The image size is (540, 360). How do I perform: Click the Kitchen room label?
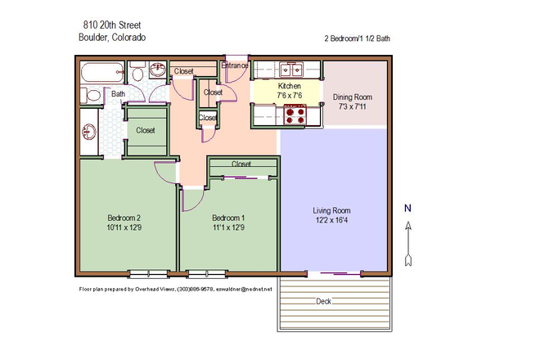(x=290, y=86)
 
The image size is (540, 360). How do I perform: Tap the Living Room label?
(x=331, y=210)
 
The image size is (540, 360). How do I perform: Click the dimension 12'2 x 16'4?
(x=331, y=221)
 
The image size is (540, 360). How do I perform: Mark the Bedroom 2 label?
(x=124, y=217)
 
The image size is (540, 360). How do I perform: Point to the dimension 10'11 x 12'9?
(x=124, y=227)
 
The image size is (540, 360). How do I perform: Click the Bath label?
(x=119, y=94)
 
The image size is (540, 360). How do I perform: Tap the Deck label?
(x=325, y=302)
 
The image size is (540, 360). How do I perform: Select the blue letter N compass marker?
(x=407, y=209)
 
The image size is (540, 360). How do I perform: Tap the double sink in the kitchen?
(x=290, y=69)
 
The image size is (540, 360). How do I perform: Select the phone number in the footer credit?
(x=194, y=290)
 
